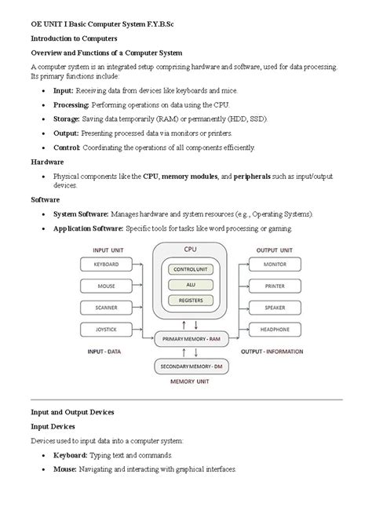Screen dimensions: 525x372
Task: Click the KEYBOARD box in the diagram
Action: pyautogui.click(x=106, y=264)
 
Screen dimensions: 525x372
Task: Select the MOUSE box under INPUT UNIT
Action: pyautogui.click(x=106, y=286)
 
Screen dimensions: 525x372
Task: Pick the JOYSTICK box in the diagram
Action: pyautogui.click(x=106, y=329)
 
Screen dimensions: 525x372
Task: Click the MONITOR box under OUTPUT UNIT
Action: pyautogui.click(x=275, y=264)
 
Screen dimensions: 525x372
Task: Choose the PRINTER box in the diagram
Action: pyautogui.click(x=275, y=286)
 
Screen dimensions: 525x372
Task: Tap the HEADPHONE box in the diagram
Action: pyautogui.click(x=275, y=329)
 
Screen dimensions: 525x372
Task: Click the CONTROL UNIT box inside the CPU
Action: pyautogui.click(x=190, y=269)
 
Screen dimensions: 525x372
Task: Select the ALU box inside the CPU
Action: pyautogui.click(x=190, y=284)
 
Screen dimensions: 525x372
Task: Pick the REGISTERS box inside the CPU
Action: pyautogui.click(x=190, y=300)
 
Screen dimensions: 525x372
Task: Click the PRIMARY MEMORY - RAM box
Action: pyautogui.click(x=190, y=339)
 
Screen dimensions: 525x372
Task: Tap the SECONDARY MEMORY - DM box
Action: pyautogui.click(x=190, y=366)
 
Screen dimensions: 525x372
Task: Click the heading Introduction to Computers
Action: pyautogui.click(x=74, y=38)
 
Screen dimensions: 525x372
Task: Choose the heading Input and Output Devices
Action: pyautogui.click(x=72, y=411)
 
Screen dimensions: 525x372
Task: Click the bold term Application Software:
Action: pyautogui.click(x=87, y=228)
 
